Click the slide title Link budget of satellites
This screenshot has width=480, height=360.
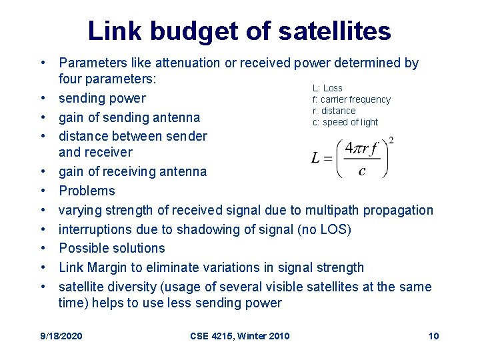point(239,30)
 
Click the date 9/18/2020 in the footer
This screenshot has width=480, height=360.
point(61,335)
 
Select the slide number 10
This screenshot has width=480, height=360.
point(433,335)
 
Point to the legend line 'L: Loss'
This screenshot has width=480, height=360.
point(327,88)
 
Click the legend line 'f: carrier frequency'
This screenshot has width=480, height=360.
point(351,99)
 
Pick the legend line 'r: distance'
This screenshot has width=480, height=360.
point(334,111)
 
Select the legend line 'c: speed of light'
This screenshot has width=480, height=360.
point(345,122)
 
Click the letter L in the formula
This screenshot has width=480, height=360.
point(316,158)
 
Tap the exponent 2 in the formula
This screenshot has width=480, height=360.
point(391,141)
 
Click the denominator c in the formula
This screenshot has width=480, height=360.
point(361,172)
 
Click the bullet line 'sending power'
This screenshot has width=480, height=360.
point(102,99)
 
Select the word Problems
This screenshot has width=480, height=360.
point(87,191)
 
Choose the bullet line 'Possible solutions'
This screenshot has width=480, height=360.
point(112,248)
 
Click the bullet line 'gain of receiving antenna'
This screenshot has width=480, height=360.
point(133,171)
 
